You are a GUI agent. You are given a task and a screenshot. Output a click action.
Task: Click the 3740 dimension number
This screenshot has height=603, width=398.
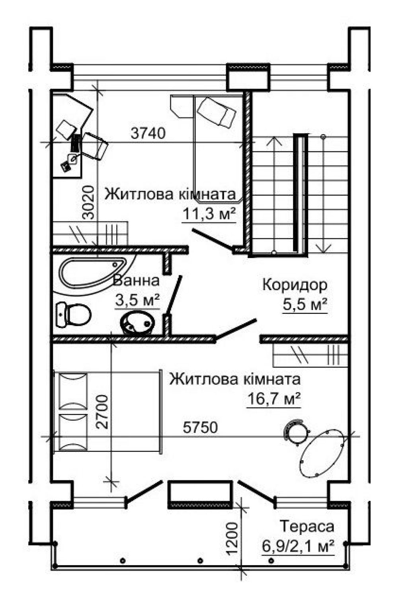click(x=148, y=133)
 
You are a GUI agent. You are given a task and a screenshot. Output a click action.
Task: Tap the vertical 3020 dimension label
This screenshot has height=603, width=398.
click(x=88, y=203)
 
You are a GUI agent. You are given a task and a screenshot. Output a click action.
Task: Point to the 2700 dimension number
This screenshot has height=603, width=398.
click(x=102, y=412)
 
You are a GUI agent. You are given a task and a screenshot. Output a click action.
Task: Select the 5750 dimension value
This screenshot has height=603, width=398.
click(x=200, y=427)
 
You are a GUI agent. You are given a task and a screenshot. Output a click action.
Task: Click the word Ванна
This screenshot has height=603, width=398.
click(x=136, y=281)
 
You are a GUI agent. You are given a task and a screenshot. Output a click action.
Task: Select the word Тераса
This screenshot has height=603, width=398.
click(x=307, y=526)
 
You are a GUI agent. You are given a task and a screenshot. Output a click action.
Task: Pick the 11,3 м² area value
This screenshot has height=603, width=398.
click(x=209, y=214)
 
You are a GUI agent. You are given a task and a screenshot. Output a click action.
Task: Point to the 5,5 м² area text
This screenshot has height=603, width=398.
click(x=305, y=304)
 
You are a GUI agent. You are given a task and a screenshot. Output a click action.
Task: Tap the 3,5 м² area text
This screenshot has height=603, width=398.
click(x=138, y=301)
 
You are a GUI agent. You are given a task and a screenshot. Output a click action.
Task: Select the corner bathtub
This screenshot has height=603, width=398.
click(x=93, y=272)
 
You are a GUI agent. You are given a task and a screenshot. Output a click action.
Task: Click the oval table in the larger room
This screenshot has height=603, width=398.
click(x=322, y=453)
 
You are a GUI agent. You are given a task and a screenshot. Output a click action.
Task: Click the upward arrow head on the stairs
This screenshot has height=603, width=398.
click(x=274, y=141)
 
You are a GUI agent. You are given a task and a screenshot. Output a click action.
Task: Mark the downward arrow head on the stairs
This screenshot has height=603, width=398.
click(x=323, y=248)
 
